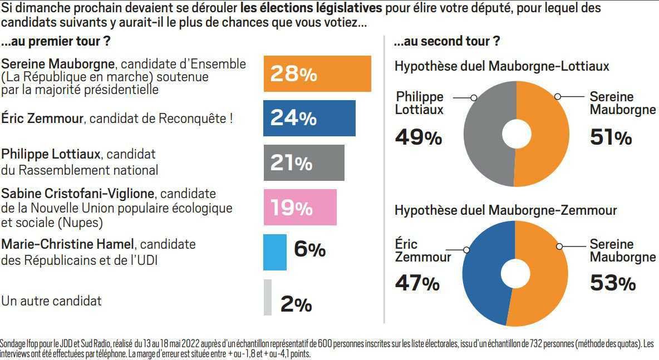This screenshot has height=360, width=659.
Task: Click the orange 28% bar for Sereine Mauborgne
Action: tap(317, 73)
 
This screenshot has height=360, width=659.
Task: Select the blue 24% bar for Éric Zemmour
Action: tap(309, 118)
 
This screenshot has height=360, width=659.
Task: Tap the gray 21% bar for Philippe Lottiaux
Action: tap(304, 162)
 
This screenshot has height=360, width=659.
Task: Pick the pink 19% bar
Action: tap(300, 207)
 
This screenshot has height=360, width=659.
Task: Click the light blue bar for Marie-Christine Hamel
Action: tap(275, 252)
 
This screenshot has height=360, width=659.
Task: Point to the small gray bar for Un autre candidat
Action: tap(268, 297)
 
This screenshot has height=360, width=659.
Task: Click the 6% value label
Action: tap(309, 250)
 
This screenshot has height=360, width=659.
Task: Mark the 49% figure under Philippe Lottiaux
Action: tap(418, 136)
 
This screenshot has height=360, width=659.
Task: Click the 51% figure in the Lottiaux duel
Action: tap(611, 137)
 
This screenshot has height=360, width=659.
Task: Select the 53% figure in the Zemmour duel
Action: tap(612, 283)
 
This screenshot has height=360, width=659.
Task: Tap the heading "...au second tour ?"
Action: tap(446, 42)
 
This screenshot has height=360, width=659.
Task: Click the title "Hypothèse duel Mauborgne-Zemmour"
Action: tap(505, 210)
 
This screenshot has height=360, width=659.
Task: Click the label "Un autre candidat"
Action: tap(51, 301)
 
